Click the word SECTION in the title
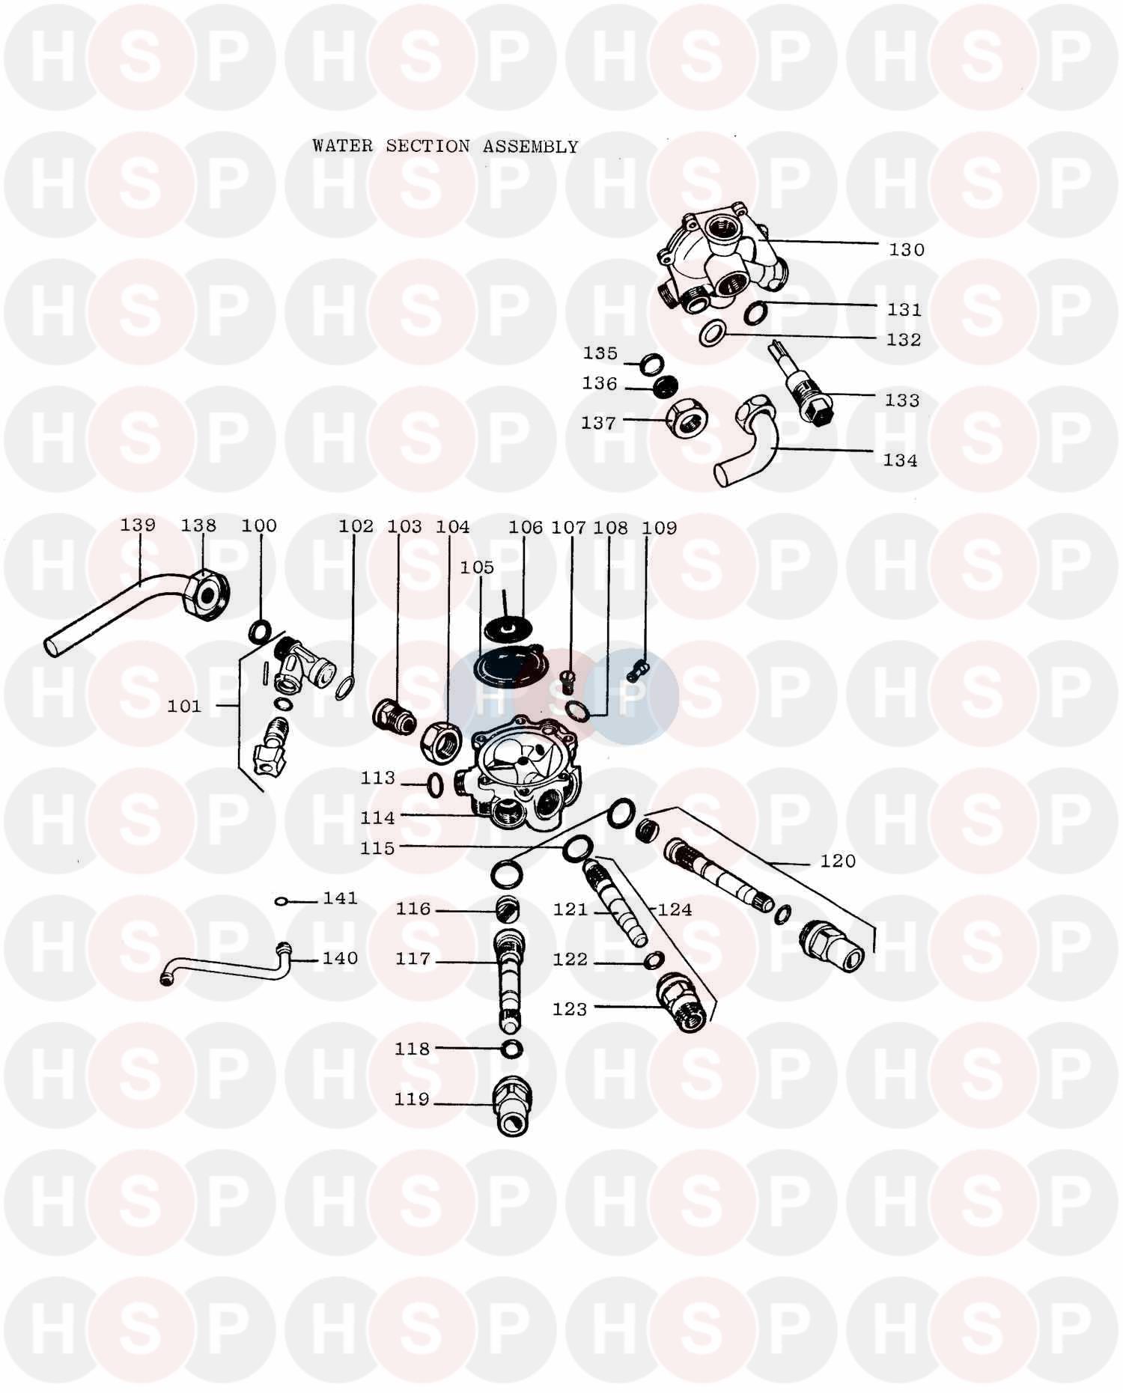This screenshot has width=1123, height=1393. coord(427,146)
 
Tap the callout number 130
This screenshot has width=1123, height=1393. coord(907,250)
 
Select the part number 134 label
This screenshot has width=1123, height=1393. coord(900,460)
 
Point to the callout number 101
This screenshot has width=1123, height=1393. coord(184,706)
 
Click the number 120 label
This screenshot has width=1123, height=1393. coord(838,862)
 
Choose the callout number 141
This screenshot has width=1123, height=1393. coord(341,898)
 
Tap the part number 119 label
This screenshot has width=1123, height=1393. coord(412,1100)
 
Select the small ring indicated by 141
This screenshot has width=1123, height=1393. coord(281,901)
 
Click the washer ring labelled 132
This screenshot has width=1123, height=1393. coord(712,334)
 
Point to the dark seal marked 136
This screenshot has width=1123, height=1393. coord(663,388)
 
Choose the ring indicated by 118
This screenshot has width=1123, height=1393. coord(512,1049)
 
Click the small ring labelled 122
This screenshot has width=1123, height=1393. coord(654,960)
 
